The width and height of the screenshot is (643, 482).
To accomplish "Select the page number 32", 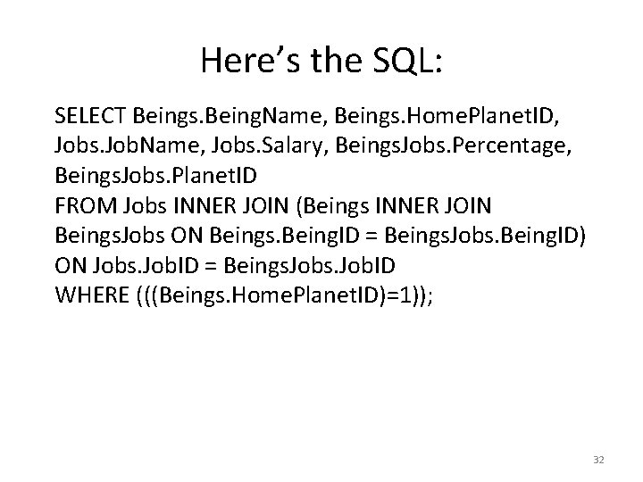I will point(598,459).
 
